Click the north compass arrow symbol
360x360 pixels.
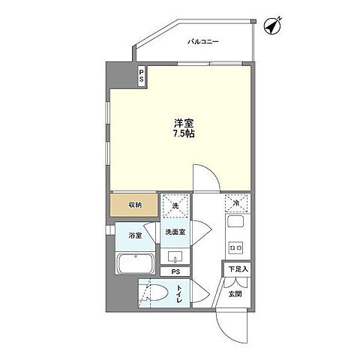pyautogui.click(x=273, y=25)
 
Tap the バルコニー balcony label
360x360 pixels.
pyautogui.click(x=203, y=41)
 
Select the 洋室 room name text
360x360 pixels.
pyautogui.click(x=184, y=123)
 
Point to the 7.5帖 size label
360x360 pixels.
pyautogui.click(x=184, y=134)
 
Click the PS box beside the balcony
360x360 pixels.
pyautogui.click(x=142, y=76)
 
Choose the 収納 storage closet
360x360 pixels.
pyautogui.click(x=134, y=205)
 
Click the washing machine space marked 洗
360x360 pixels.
pyautogui.click(x=175, y=205)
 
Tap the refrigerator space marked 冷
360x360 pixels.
pyautogui.click(x=236, y=203)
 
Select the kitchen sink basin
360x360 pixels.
pyautogui.click(x=235, y=221)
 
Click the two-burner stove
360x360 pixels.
pyautogui.click(x=235, y=247)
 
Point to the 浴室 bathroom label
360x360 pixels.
pyautogui.click(x=135, y=235)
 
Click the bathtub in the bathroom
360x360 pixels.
pyautogui.click(x=135, y=264)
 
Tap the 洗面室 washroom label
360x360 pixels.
pyautogui.click(x=175, y=232)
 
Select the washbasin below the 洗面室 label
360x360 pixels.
pyautogui.click(x=175, y=256)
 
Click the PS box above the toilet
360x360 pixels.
pyautogui.click(x=175, y=271)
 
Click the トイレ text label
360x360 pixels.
pyautogui.click(x=179, y=294)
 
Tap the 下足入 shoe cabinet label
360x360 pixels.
pyautogui.click(x=238, y=269)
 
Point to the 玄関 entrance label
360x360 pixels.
pyautogui.click(x=235, y=294)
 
